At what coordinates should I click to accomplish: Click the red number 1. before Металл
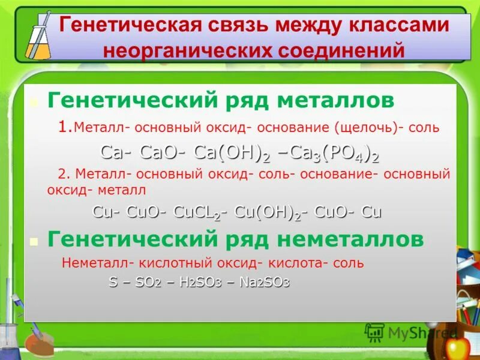[x=66, y=127]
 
